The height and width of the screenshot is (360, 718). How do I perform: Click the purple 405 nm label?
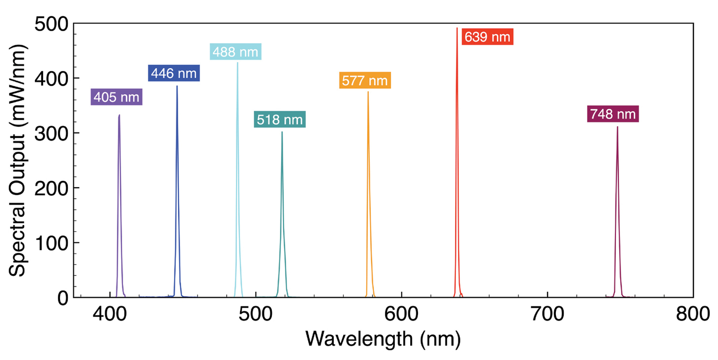(x=116, y=97)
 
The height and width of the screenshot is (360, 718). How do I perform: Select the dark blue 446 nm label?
(x=173, y=73)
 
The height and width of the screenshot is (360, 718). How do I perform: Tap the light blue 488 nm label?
(x=236, y=52)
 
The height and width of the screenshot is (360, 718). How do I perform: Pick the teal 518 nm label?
(x=280, y=120)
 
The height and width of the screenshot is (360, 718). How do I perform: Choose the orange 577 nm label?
(x=365, y=81)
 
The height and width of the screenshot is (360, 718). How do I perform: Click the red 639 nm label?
(x=487, y=37)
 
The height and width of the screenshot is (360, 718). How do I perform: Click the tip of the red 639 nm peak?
(x=457, y=28)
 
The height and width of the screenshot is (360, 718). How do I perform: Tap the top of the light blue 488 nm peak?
(x=237, y=63)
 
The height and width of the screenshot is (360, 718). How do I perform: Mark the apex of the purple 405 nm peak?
(x=119, y=115)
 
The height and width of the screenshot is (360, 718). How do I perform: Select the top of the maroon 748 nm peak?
(x=617, y=127)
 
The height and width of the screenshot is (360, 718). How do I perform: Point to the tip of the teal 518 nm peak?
(x=282, y=132)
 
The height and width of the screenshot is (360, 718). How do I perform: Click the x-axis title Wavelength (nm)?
(x=383, y=339)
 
